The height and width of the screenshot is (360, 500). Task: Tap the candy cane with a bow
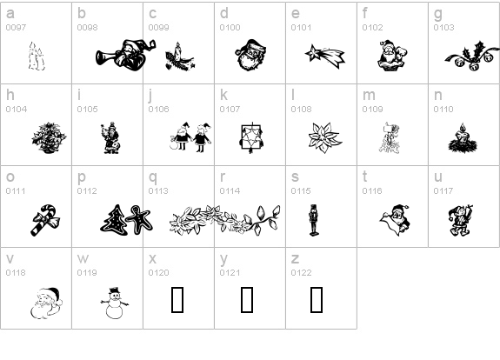click(x=45, y=220)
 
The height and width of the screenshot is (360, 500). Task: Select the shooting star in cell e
click(x=325, y=57)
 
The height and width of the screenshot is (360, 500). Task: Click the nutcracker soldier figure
click(x=314, y=220)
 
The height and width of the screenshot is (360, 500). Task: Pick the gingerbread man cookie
click(x=139, y=219)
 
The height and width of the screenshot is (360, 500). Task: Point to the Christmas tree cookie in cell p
click(x=114, y=220)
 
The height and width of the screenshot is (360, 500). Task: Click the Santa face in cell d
click(x=251, y=55)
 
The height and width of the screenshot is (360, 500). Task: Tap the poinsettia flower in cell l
click(x=325, y=137)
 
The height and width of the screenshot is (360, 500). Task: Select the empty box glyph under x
click(x=177, y=300)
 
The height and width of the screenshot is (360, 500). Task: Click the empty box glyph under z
click(x=317, y=300)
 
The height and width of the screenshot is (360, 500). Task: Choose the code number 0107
click(x=230, y=110)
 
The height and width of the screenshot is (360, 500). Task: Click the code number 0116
click(x=372, y=191)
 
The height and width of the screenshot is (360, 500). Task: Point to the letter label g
click(x=438, y=14)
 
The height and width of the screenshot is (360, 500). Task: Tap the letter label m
click(x=369, y=95)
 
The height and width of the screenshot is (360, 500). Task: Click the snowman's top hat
click(x=115, y=290)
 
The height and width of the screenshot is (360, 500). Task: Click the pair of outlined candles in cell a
click(x=37, y=57)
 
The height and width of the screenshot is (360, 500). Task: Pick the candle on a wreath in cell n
click(x=463, y=138)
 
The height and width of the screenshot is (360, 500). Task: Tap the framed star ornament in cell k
click(x=251, y=137)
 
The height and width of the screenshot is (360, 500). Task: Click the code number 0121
click(x=230, y=273)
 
